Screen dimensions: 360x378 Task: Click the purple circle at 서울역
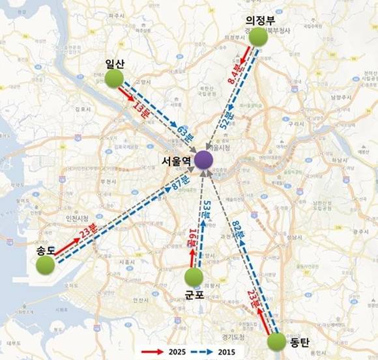point(204,159)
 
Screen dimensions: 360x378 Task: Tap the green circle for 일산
point(115,79)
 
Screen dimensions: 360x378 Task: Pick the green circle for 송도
point(45,265)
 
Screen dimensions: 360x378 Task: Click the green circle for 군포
point(194,277)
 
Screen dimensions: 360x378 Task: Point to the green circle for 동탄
point(276,342)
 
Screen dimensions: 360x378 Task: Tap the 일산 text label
point(115,63)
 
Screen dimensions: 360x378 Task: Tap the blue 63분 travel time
point(184,134)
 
